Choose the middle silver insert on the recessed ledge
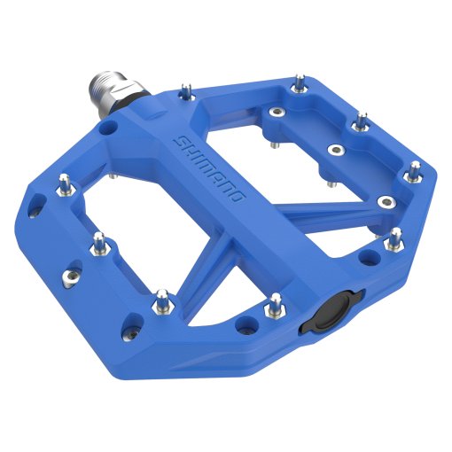click(335, 150)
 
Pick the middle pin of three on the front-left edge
click(100, 242)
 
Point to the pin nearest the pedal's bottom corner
click(160, 300)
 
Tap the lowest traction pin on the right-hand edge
click(394, 238)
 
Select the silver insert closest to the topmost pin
click(277, 113)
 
